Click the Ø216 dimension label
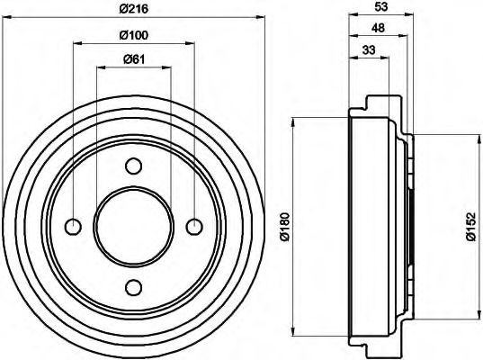134,10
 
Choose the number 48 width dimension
377,29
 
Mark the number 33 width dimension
369,52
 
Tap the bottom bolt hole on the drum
134,287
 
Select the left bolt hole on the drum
74,226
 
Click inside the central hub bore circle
134,226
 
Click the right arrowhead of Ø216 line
262,18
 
